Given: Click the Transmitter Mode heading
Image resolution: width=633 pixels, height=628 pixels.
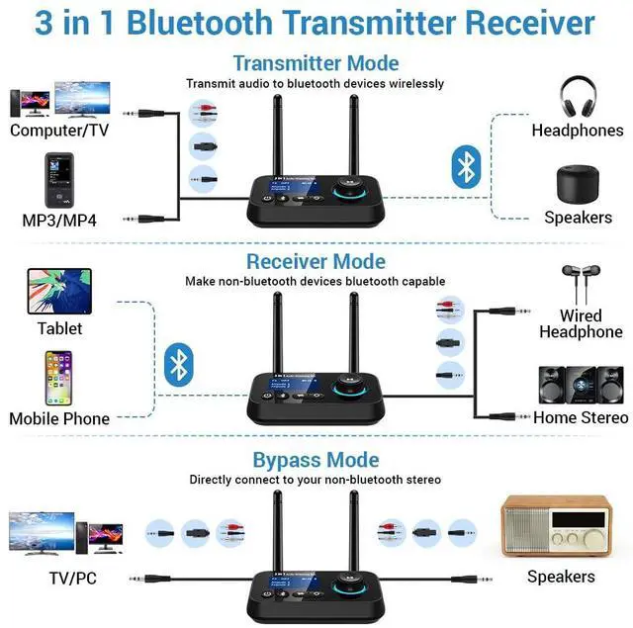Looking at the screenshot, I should [x=316, y=63].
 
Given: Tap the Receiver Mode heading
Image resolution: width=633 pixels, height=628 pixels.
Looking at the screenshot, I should [x=316, y=262].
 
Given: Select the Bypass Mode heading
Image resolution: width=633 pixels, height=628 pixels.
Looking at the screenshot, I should [x=316, y=460].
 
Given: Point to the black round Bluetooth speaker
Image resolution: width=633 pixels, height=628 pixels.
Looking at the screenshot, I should [x=577, y=184].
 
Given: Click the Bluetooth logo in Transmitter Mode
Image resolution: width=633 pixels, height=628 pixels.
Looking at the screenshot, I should [x=465, y=166].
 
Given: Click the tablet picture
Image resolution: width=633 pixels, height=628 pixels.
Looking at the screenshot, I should [x=59, y=291].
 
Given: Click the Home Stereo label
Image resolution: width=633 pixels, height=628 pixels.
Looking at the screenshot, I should [x=581, y=418].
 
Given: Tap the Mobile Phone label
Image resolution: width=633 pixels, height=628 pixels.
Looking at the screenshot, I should [x=59, y=419].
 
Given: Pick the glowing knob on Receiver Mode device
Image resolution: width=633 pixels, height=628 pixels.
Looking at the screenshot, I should [x=349, y=383].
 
